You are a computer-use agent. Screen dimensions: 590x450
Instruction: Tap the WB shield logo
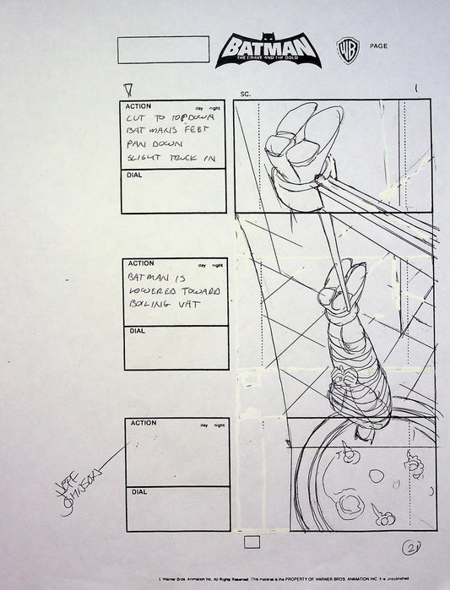pyautogui.click(x=347, y=49)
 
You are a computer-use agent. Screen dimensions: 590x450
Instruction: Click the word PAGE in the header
pyautogui.click(x=378, y=46)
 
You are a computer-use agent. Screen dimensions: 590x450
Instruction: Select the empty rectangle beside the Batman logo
pyautogui.click(x=163, y=49)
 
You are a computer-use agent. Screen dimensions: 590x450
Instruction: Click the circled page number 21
pyautogui.click(x=414, y=548)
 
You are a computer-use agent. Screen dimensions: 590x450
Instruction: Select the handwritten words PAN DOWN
pyautogui.click(x=149, y=144)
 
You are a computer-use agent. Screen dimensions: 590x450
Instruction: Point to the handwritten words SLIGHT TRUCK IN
pyautogui.click(x=172, y=158)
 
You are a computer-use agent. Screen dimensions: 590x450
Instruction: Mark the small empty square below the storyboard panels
pyautogui.click(x=251, y=543)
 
